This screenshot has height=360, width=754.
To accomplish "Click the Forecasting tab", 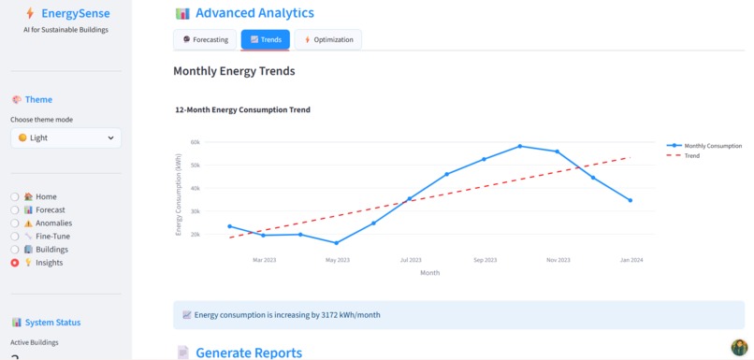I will click(205, 39).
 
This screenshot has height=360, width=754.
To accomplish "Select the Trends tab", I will click(266, 39).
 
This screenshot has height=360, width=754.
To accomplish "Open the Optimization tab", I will click(328, 39).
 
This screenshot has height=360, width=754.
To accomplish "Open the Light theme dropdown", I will click(65, 137).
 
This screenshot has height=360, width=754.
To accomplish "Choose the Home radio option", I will click(15, 196).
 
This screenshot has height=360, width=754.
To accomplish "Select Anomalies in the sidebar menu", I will click(15, 223).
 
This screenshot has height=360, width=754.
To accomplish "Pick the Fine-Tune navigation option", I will click(15, 237).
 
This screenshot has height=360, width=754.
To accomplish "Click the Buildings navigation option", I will click(15, 250).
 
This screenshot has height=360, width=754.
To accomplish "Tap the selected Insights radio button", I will click(15, 264).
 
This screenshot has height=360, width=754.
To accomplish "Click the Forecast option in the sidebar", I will click(15, 210).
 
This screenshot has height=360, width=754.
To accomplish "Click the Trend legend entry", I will click(691, 156).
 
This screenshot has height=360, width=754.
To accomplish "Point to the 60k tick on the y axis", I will click(196, 142).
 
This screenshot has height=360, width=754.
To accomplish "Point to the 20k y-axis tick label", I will click(196, 234).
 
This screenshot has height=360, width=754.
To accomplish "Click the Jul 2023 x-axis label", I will click(410, 260).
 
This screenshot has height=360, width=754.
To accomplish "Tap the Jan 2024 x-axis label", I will click(631, 260).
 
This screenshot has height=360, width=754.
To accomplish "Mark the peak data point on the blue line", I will click(520, 146).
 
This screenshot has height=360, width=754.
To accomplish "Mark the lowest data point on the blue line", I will click(336, 243).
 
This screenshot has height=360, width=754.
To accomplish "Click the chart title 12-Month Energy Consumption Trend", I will click(242, 109).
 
